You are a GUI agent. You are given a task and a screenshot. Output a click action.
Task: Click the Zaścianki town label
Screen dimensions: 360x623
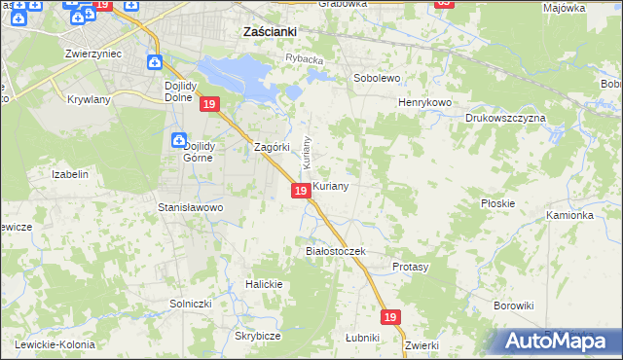269,31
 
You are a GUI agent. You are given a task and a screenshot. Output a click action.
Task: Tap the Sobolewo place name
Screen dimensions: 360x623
377,77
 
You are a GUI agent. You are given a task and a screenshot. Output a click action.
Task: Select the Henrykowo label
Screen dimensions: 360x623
426,102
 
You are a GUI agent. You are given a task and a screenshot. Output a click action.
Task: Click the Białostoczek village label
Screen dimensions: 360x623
335,251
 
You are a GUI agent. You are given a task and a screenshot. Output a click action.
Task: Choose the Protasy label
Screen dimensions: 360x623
410,266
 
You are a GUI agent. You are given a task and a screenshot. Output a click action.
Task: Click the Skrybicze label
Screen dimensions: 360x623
257,336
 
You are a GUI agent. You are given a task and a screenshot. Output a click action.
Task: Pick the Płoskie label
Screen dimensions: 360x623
497,203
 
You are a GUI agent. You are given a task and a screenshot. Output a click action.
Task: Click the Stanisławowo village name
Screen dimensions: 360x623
191,207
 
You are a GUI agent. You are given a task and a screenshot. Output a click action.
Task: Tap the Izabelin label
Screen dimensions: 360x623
70,174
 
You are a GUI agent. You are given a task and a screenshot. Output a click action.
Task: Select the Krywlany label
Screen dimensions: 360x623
90,99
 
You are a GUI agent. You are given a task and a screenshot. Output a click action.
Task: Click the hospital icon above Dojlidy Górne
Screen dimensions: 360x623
178,140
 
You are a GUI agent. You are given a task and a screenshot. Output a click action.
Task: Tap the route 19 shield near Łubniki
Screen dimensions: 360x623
390,317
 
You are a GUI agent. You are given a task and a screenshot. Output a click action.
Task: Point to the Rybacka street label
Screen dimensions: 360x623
303,58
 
